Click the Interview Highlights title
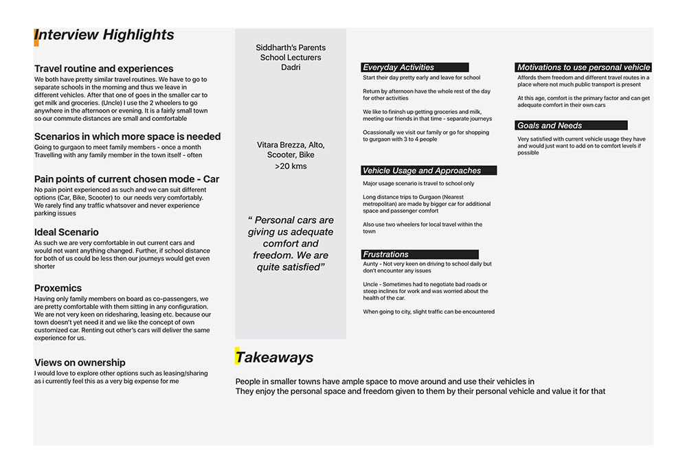[104, 35]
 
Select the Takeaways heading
[275, 357]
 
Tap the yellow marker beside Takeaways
[238, 356]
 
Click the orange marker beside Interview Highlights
[36, 37]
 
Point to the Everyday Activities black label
[415, 67]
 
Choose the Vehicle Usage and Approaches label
[429, 170]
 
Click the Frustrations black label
[420, 254]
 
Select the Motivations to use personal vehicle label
[583, 67]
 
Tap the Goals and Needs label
[571, 126]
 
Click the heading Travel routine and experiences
[104, 69]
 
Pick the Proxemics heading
[58, 288]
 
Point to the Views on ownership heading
[80, 362]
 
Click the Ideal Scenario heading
[67, 232]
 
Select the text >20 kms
[291, 166]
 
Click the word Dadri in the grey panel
[291, 68]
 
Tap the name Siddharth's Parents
[291, 47]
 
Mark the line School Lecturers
[291, 58]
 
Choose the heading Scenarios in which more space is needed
[127, 137]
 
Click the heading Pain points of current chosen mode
[126, 179]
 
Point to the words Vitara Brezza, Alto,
[291, 145]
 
